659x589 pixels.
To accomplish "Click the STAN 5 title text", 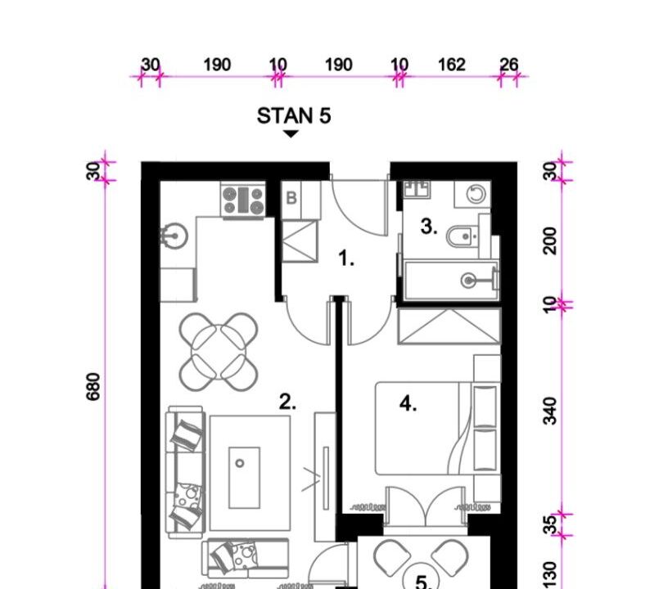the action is [294, 115].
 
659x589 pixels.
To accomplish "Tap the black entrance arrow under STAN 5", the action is [291, 133].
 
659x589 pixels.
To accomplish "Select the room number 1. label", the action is [346, 258].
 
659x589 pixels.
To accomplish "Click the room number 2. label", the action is [287, 402].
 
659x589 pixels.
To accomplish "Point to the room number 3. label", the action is [429, 227].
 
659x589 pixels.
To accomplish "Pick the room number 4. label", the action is [408, 404].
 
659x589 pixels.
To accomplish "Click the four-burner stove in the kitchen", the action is [243, 200].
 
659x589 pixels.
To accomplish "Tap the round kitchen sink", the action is [174, 236].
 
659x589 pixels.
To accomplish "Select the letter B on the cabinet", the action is [291, 198].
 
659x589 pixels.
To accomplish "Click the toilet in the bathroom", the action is [463, 236].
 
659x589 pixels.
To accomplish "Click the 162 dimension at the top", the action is [452, 65].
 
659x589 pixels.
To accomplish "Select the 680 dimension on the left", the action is [93, 386].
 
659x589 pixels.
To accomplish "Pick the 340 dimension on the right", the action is [550, 411].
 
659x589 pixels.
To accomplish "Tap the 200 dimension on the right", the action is [550, 241].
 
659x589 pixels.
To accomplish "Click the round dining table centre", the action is [219, 352].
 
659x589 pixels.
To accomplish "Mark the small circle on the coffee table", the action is [240, 463].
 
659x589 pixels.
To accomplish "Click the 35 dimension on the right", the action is [550, 525].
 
